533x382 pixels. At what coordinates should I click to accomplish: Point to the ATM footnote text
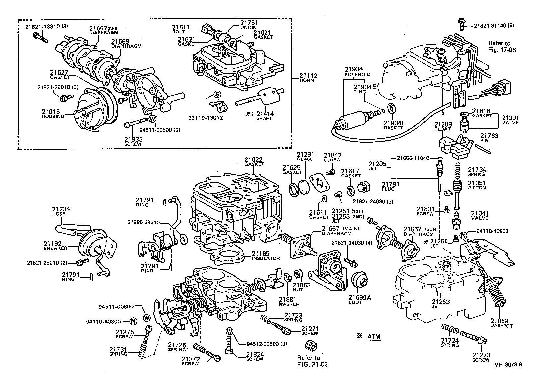(x=368, y=336)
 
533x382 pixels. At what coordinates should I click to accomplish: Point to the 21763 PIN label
(x=489, y=138)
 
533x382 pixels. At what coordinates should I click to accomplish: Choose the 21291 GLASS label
(x=305, y=156)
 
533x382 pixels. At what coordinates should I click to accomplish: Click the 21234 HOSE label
(x=61, y=211)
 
